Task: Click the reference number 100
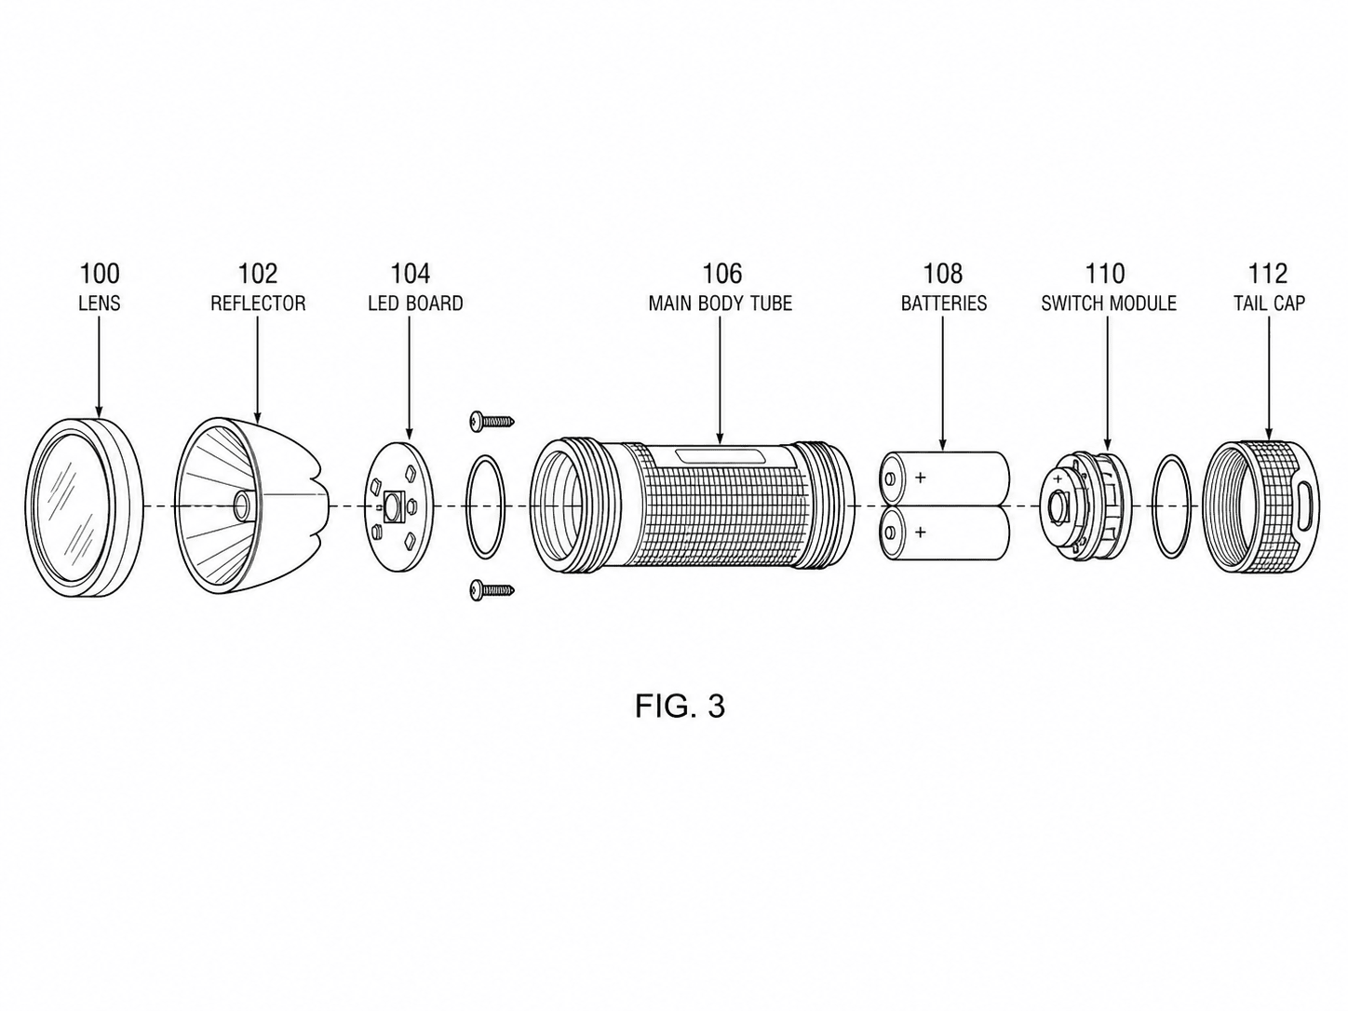100,274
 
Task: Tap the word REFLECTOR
258,303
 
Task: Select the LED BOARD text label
416,303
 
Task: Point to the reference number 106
722,274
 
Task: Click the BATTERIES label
944,303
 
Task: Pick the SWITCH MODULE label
1109,303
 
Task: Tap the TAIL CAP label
1270,303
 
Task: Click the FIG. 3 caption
680,706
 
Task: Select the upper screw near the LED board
492,421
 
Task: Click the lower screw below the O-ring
492,591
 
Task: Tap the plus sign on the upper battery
920,478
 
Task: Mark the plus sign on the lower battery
920,532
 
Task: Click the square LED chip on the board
392,507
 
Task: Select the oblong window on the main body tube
720,456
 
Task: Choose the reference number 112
1268,274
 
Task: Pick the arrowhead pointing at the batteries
943,444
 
